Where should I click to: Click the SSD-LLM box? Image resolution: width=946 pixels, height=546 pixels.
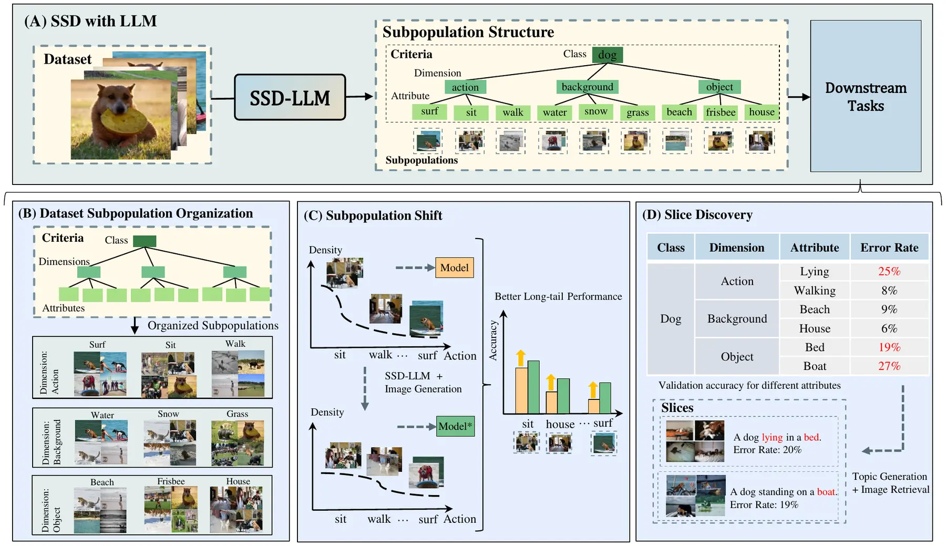tap(290, 97)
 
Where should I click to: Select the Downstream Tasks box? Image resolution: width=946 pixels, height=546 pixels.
tap(866, 96)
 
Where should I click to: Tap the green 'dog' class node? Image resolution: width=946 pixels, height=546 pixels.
tap(608, 55)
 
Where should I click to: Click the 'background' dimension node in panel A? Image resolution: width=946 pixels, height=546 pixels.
tap(587, 87)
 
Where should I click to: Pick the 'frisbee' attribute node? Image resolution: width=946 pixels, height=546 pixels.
tap(721, 112)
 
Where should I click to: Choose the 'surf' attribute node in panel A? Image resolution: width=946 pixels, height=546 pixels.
tap(429, 111)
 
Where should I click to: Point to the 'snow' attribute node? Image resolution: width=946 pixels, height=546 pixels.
tap(595, 111)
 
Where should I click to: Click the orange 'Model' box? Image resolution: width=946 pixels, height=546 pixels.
tap(455, 267)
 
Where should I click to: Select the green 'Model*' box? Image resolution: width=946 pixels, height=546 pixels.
tap(456, 426)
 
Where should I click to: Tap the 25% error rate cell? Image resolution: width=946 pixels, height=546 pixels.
tap(889, 271)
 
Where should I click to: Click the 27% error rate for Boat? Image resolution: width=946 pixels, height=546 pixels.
tap(889, 366)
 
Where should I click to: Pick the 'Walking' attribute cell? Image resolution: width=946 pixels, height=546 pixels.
tap(815, 291)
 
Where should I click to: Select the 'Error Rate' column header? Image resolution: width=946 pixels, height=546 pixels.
tap(889, 248)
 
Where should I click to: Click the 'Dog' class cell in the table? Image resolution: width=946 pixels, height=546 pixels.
tap(671, 319)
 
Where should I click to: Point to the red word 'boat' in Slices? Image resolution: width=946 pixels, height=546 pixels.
tap(826, 492)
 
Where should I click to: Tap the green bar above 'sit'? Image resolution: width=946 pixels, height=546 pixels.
tap(533, 387)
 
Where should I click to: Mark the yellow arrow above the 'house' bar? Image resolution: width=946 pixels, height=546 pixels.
tap(551, 382)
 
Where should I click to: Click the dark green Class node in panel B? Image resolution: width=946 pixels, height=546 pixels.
tap(145, 241)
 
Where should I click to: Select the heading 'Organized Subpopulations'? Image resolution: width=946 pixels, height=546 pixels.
tap(213, 326)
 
